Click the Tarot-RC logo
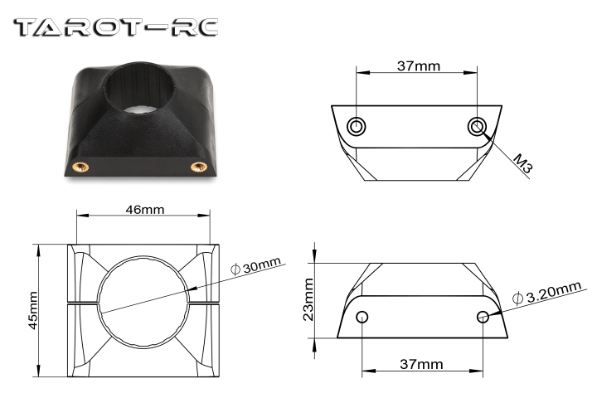click(x=116, y=28)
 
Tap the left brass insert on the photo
click(x=80, y=167)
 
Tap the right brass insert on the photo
click(x=199, y=167)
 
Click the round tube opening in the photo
click(x=143, y=89)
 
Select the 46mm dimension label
click(x=145, y=210)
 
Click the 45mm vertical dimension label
click(x=33, y=310)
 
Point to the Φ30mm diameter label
click(x=256, y=265)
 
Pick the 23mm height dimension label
click(x=308, y=299)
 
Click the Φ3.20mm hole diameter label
click(x=547, y=293)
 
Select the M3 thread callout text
click(x=522, y=163)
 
